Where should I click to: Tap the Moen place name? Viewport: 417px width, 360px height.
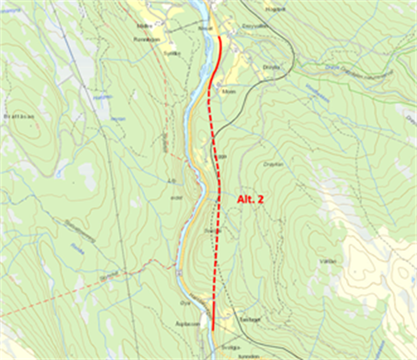(x=228, y=91)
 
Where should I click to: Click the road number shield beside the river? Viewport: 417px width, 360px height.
(x=178, y=272)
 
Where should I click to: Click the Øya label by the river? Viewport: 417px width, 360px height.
(x=182, y=303)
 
